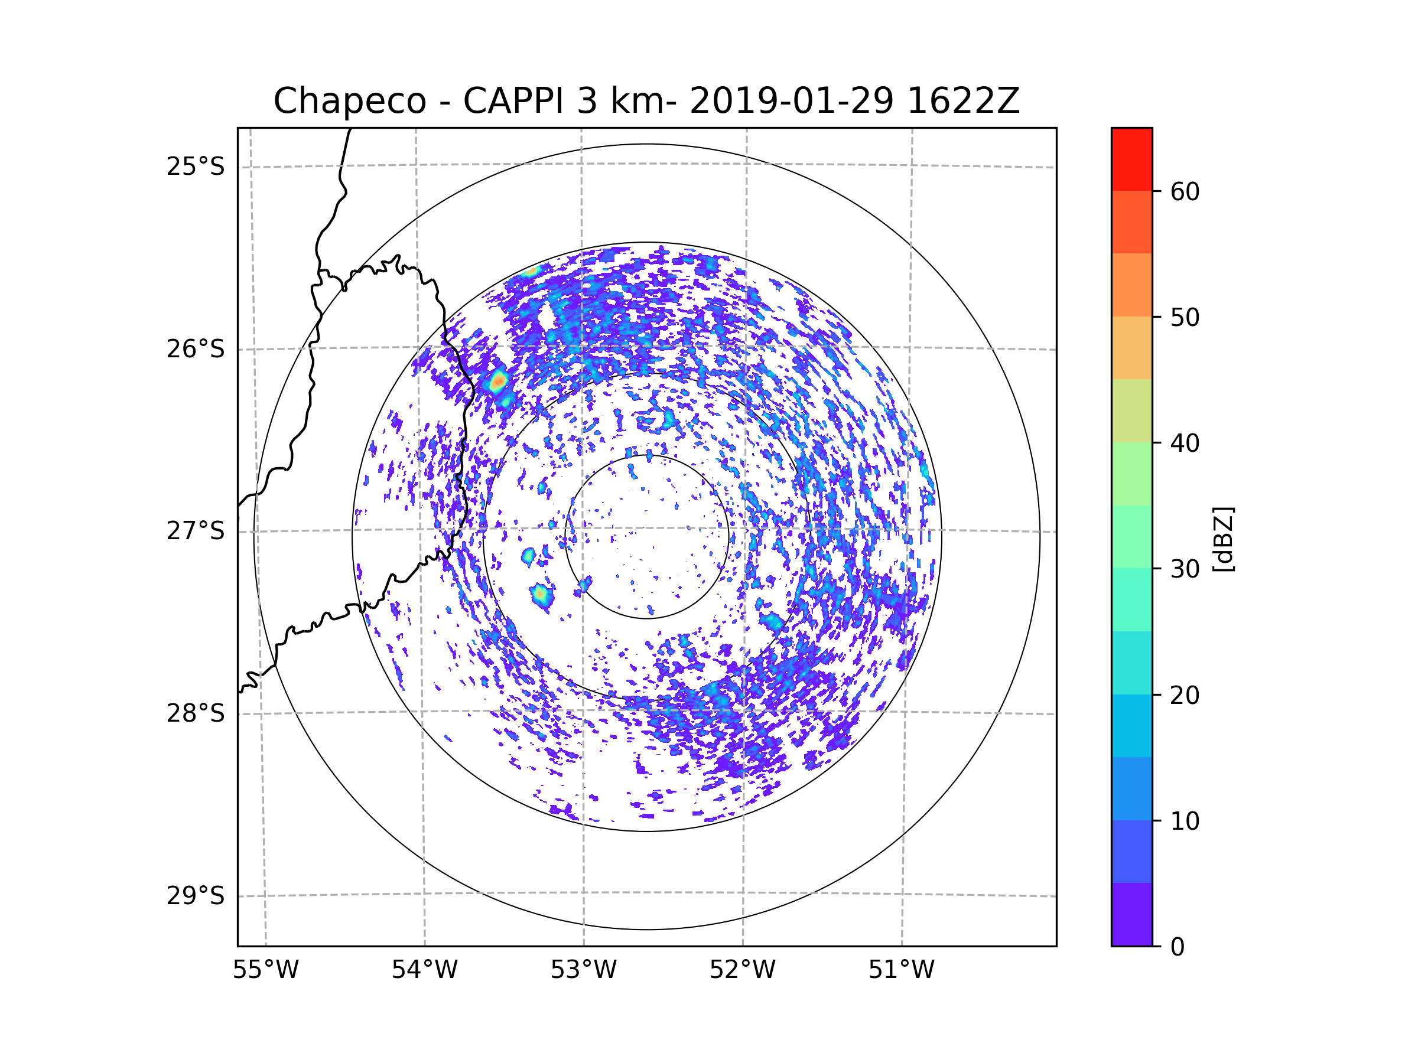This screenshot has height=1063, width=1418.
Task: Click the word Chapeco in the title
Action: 349,101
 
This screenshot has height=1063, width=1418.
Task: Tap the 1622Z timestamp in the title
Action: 963,101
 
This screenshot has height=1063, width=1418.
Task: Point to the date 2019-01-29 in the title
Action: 791,101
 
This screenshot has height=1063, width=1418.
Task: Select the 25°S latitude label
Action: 196,167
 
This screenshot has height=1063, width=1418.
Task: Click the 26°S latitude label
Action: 196,349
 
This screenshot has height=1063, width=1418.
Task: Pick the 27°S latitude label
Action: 196,531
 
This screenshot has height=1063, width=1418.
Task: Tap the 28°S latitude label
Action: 196,713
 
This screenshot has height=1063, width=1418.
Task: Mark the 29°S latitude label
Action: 196,896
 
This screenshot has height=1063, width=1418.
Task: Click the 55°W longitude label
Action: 265,970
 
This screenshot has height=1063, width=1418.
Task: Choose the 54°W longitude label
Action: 424,970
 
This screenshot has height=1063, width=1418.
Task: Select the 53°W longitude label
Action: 583,970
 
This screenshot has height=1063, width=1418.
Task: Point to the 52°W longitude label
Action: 742,970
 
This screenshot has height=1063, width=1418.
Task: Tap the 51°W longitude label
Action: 901,970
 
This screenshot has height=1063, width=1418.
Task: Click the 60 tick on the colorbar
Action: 1185,191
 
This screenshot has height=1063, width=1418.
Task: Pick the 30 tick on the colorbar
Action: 1185,569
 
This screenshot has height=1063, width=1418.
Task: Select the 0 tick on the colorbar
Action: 1178,947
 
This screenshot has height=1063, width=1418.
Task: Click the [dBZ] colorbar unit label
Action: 1223,539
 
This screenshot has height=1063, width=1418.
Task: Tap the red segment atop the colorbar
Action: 1131,159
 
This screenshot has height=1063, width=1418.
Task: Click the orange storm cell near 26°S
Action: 498,383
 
